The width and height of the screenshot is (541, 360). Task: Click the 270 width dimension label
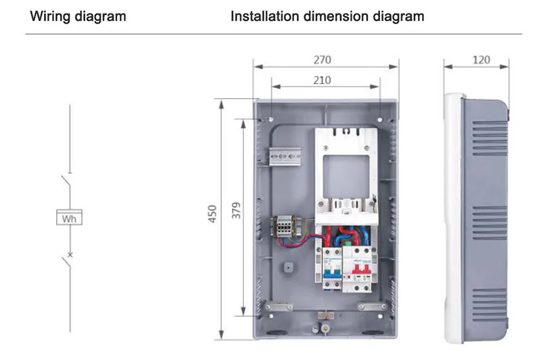pos(322,60)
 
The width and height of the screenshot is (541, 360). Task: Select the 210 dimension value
pos(322,80)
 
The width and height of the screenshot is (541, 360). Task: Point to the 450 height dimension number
pos(212,218)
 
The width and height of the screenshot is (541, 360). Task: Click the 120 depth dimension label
pos(481,60)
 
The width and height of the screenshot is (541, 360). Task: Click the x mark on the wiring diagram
pos(69,255)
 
